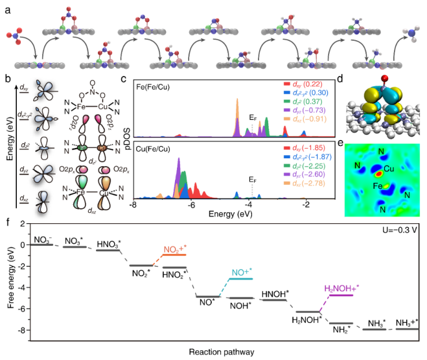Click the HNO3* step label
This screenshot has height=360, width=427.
(109, 243)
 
